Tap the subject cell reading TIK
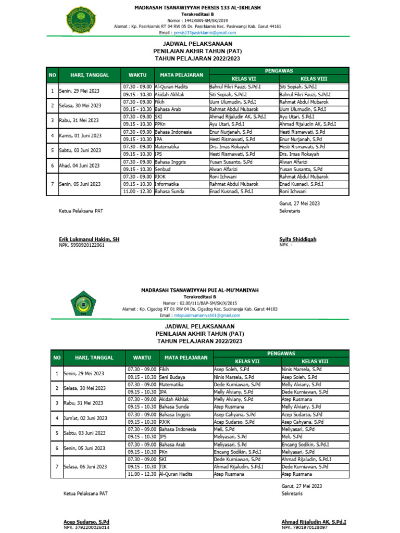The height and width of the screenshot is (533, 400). tap(163, 467)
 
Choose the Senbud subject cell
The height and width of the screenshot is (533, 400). tap(163, 169)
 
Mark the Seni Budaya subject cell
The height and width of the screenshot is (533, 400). tap(172, 377)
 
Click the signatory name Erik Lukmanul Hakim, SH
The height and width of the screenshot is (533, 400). tap(89, 239)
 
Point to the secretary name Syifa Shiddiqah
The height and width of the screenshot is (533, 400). tap(298, 239)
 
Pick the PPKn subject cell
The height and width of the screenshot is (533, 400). tap(160, 124)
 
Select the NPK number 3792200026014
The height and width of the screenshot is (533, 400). tap(87, 527)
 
